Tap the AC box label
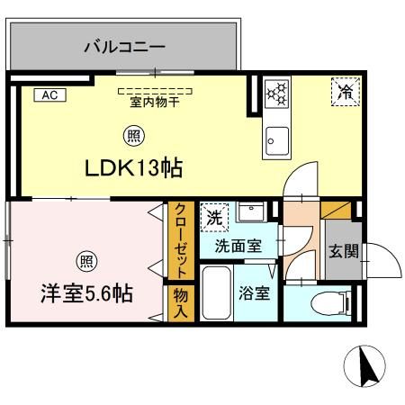pyautogui.click(x=50, y=94)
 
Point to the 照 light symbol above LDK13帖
pyautogui.click(x=132, y=137)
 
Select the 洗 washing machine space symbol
pyautogui.click(x=214, y=217)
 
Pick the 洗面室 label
pyautogui.click(x=238, y=244)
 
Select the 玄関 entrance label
pyautogui.click(x=343, y=251)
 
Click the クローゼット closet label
pyautogui.click(x=180, y=242)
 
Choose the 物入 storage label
pyautogui.click(x=180, y=301)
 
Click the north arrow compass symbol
pyautogui.click(x=366, y=367)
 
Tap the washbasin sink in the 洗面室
pyautogui.click(x=253, y=214)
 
